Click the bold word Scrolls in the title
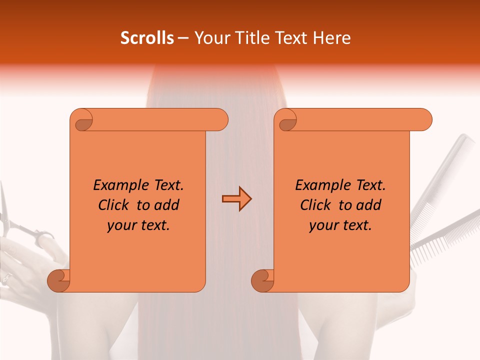pos(147,38)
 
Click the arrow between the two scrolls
pos(236,199)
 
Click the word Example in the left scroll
pos(116,185)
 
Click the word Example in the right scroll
pos(318,185)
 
